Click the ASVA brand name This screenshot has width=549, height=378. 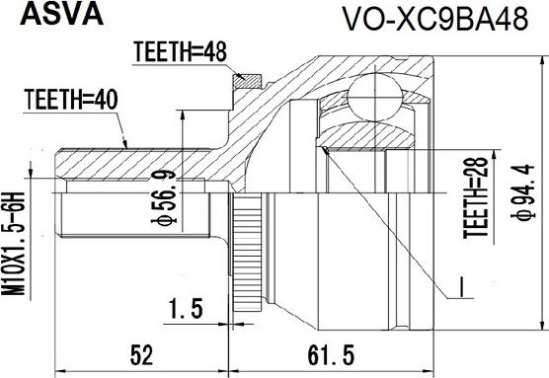pos(62,15)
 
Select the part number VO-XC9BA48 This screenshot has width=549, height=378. pos(434,20)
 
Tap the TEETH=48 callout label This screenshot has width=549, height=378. pos(181,52)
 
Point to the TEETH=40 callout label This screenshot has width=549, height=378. pos(71,100)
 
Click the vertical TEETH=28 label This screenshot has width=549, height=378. pos(475,197)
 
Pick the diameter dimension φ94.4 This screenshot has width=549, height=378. pos(523,192)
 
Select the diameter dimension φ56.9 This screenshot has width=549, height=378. pos(164,196)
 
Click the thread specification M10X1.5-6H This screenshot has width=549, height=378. pos(14,244)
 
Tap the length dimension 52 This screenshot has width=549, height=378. pos(141,355)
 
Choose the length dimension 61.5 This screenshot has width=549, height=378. pos(331,355)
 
